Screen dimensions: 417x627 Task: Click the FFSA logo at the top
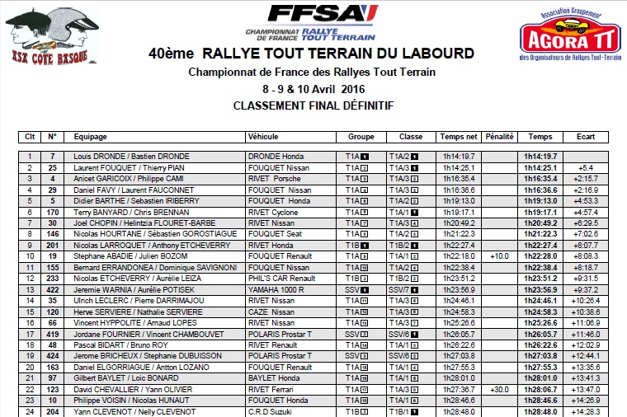[x=311, y=21]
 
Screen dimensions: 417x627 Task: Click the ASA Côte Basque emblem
[x=43, y=35]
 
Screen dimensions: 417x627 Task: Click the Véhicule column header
[x=263, y=137]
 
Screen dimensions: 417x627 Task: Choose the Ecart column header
[x=587, y=137]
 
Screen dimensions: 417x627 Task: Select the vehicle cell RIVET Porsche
[x=275, y=178]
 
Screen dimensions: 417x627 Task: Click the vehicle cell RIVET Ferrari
[x=275, y=389]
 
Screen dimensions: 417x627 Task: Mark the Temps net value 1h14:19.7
[x=458, y=156]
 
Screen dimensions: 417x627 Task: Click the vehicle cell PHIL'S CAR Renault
[x=282, y=279]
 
